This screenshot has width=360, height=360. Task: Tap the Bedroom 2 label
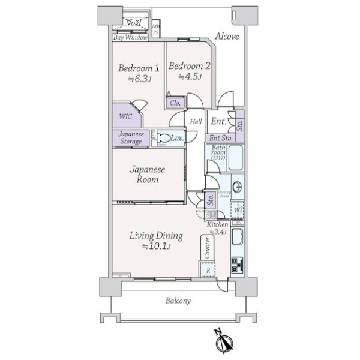[189, 66]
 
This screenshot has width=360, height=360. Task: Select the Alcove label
[228, 36]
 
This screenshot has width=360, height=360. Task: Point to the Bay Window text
[130, 37]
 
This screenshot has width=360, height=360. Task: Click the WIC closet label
[125, 116]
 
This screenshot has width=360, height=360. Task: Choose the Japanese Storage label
[130, 138]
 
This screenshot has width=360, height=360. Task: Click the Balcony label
[178, 301]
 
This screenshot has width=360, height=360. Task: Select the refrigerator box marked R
[208, 270]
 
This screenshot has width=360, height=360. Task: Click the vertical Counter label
[208, 248]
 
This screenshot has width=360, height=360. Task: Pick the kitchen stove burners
[236, 265]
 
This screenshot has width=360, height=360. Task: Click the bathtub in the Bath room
[234, 157]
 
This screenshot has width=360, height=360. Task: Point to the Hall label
[196, 122]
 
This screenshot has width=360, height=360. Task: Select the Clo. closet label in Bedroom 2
[175, 103]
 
